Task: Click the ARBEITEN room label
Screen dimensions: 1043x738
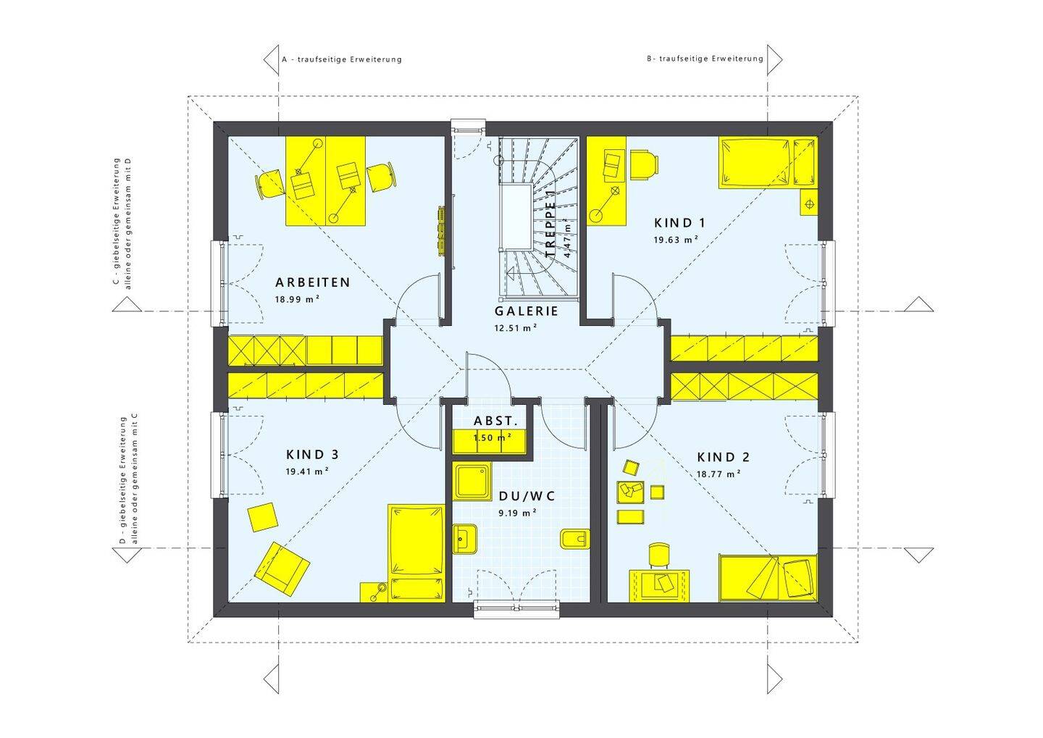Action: click(312, 282)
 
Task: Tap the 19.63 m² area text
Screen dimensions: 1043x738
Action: click(676, 240)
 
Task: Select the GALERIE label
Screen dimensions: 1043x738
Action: click(526, 311)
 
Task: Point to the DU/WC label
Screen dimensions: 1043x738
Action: click(527, 496)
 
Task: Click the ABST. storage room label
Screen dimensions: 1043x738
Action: click(496, 422)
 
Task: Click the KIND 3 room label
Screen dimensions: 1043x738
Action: click(312, 454)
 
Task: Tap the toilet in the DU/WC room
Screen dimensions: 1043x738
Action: click(576, 540)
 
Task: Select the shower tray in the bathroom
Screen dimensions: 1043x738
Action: click(472, 482)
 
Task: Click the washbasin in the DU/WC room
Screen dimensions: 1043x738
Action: click(465, 539)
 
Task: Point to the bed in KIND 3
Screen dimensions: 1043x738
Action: click(416, 553)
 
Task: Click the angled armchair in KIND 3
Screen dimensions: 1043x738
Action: click(282, 569)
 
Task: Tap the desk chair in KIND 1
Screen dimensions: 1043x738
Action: click(645, 164)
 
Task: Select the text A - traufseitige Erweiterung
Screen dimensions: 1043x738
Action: click(342, 59)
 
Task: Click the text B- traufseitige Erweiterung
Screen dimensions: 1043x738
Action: click(705, 59)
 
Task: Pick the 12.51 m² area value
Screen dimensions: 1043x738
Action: click(516, 328)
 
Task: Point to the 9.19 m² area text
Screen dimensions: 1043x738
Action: click(517, 513)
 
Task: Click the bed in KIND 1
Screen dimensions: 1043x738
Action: click(768, 162)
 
